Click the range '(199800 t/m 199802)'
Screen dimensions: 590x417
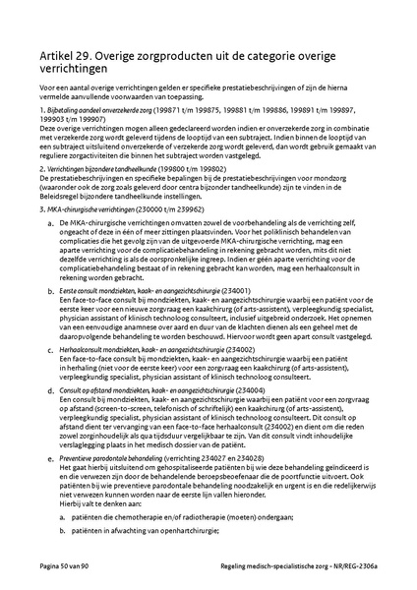(x=195, y=169)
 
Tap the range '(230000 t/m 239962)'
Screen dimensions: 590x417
(x=172, y=210)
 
